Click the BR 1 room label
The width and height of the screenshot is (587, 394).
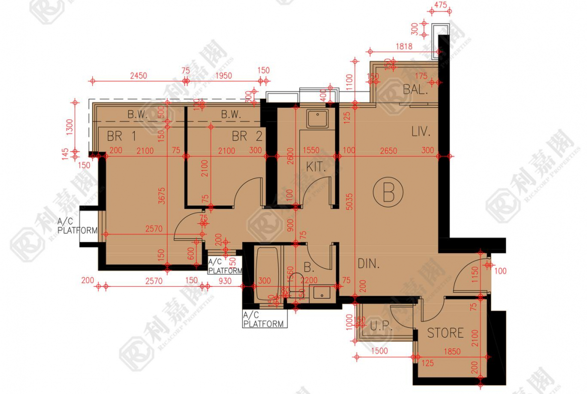(x=121, y=136)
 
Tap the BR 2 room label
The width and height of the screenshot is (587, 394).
(x=247, y=136)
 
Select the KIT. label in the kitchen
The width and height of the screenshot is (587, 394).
(x=316, y=167)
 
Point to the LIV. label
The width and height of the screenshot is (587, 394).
(x=421, y=132)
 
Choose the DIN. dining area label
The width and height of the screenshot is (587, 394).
(x=368, y=264)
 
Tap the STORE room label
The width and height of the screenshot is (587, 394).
(x=445, y=333)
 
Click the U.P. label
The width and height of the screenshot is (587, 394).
(x=380, y=326)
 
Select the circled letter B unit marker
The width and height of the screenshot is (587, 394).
(x=388, y=193)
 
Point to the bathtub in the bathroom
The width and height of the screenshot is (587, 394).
(x=268, y=275)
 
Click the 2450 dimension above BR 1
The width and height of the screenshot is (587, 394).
(x=138, y=76)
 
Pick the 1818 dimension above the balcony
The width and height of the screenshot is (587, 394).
(x=403, y=47)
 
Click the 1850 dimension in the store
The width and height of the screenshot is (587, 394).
(x=453, y=352)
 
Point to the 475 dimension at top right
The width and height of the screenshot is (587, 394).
(x=441, y=5)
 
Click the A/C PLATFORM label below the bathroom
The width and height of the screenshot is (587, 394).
(x=264, y=320)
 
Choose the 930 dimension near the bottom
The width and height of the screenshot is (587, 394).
(x=225, y=281)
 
